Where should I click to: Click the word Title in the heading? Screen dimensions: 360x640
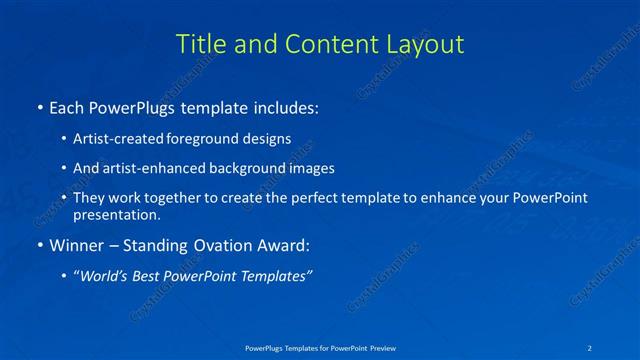(x=199, y=45)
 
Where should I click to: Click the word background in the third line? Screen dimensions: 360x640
(x=254, y=168)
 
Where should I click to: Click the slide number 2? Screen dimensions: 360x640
(x=590, y=348)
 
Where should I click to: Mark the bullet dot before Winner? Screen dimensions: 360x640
(x=39, y=245)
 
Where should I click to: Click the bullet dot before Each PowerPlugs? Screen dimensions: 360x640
(x=39, y=106)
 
